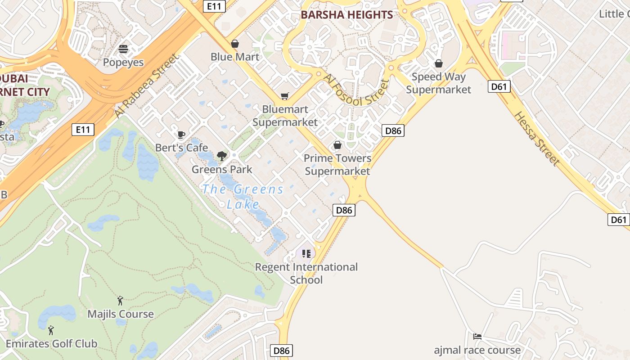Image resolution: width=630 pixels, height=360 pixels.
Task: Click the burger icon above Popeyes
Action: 123,49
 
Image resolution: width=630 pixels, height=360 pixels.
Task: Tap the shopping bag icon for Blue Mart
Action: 234,44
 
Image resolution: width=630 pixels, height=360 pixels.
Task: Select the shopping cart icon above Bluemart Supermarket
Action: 284,96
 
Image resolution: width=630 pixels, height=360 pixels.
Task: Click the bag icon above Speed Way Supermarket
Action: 438,63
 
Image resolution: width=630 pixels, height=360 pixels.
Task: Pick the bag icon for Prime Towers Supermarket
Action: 337,145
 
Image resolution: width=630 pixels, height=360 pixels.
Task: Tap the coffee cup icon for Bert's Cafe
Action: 181,135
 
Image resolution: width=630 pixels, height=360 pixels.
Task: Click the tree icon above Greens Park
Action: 221,156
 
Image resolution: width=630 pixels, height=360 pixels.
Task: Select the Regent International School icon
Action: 306,254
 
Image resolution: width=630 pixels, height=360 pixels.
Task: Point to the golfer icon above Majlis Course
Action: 120,301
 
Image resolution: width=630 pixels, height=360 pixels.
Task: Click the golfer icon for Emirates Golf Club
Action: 51,330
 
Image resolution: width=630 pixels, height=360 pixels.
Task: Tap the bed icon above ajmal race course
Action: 477,337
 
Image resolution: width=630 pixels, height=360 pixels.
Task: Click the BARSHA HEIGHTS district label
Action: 346,15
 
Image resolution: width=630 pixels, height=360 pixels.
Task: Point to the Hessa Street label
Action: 537,138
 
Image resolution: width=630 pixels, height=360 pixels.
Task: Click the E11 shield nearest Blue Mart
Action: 214,6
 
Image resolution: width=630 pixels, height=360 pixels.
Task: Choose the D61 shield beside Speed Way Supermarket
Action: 499,86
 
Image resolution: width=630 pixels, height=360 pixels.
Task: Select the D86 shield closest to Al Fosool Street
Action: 393,131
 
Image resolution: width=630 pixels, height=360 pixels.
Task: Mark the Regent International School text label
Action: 306,273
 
